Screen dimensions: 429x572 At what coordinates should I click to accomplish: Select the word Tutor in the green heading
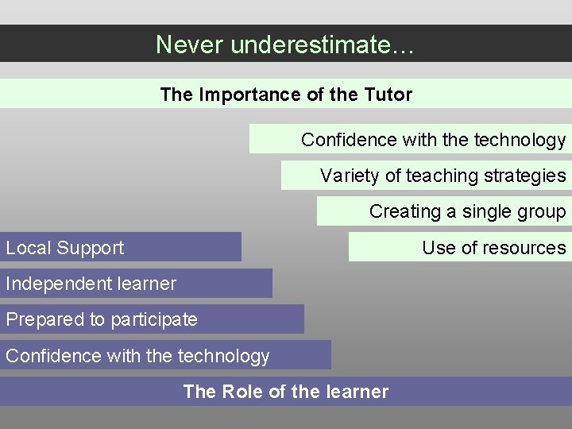pyautogui.click(x=388, y=95)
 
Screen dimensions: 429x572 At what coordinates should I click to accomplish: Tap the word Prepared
pyautogui.click(x=41, y=319)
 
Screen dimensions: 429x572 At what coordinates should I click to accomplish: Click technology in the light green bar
pyautogui.click(x=520, y=141)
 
